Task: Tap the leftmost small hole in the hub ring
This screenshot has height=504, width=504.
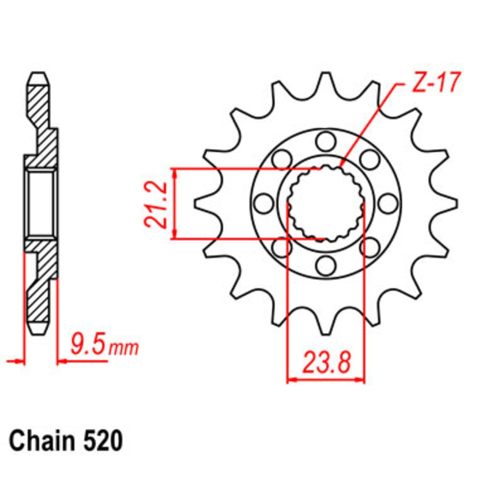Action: [x=263, y=204]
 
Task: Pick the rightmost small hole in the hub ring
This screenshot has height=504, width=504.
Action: [x=387, y=204]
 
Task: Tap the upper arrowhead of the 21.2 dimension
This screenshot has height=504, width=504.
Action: [x=174, y=173]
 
